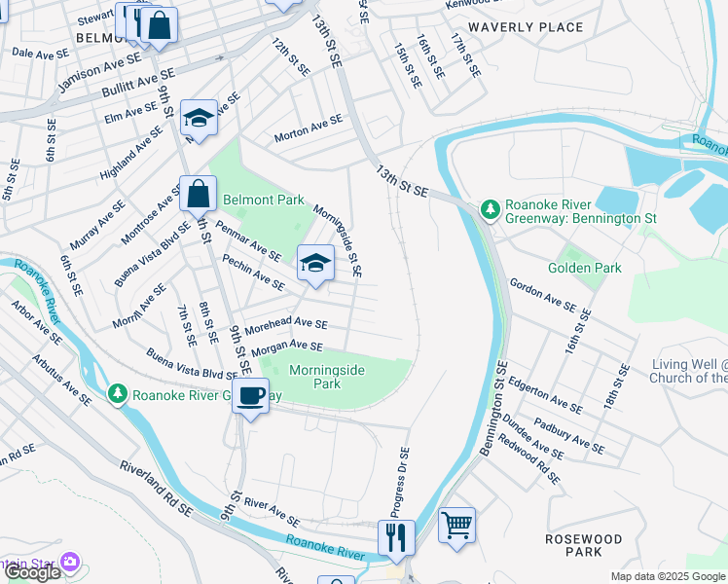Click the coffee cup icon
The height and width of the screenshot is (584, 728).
[251, 395]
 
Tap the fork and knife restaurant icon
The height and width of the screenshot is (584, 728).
[396, 536]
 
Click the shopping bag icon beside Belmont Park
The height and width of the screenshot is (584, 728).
[198, 193]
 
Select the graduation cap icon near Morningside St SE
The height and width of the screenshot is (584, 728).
[315, 262]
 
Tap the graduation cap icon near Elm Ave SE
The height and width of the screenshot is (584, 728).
[199, 119]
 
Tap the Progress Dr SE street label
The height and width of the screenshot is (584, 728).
[400, 483]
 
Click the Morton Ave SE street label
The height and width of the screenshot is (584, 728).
[309, 127]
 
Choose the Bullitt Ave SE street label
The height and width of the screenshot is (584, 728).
[138, 83]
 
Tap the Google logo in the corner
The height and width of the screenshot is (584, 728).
[32, 572]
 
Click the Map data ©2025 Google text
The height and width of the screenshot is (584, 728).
[668, 576]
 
